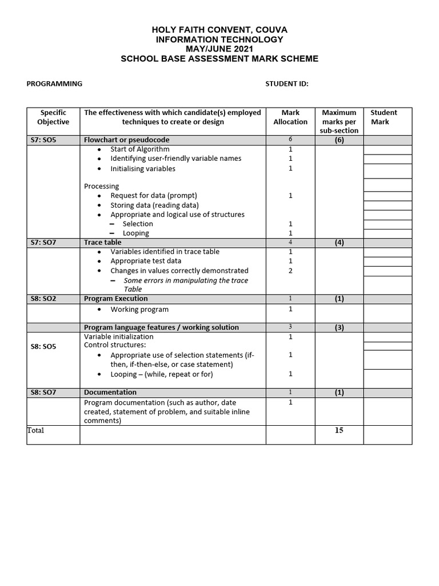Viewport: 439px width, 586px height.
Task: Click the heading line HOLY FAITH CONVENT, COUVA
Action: click(219, 29)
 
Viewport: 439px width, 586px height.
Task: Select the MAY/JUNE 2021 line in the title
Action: click(219, 49)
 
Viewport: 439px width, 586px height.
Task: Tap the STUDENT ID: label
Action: click(286, 84)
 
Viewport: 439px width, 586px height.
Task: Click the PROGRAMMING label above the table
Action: click(54, 84)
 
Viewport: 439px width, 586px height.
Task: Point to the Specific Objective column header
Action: click(53, 117)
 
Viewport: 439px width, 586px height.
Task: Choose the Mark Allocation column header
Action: click(290, 117)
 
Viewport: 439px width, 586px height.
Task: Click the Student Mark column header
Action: click(384, 117)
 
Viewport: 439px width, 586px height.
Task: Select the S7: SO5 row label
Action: click(44, 140)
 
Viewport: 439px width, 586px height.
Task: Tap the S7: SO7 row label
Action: click(44, 243)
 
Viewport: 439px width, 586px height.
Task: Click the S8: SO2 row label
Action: click(44, 299)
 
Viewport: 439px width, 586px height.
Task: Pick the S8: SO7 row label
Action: click(44, 393)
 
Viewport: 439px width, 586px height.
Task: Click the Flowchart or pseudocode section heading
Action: click(126, 140)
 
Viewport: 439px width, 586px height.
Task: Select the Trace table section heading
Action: click(103, 243)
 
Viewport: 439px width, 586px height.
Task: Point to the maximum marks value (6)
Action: click(339, 140)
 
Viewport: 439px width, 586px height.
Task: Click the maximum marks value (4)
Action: click(339, 243)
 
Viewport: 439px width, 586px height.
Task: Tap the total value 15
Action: click(339, 430)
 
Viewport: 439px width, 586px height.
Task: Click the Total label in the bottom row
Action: click(35, 430)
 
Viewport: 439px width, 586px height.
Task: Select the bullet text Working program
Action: click(139, 310)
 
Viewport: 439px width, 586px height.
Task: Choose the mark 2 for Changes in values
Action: click(290, 271)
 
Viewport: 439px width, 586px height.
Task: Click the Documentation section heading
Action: click(110, 393)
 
